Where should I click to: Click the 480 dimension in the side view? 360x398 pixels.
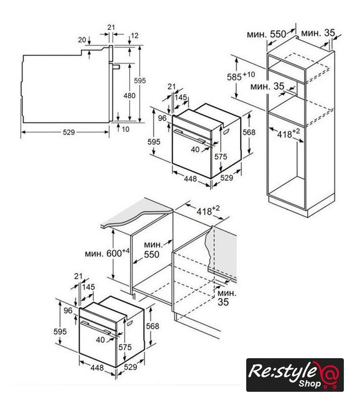pyautogui.click(x=129, y=96)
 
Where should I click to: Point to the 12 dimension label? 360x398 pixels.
pyautogui.click(x=135, y=35)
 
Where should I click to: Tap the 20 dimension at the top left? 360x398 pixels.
pyautogui.click(x=82, y=40)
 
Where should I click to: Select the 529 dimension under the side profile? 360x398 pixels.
pyautogui.click(x=69, y=132)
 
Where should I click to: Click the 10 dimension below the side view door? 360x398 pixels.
pyautogui.click(x=126, y=129)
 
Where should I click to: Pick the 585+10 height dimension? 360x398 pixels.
pyautogui.click(x=241, y=76)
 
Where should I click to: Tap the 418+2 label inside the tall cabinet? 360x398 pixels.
pyautogui.click(x=288, y=134)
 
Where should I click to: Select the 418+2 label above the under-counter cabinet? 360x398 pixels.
pyautogui.click(x=208, y=210)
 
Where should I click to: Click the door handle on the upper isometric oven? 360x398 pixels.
pyautogui.click(x=190, y=137)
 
